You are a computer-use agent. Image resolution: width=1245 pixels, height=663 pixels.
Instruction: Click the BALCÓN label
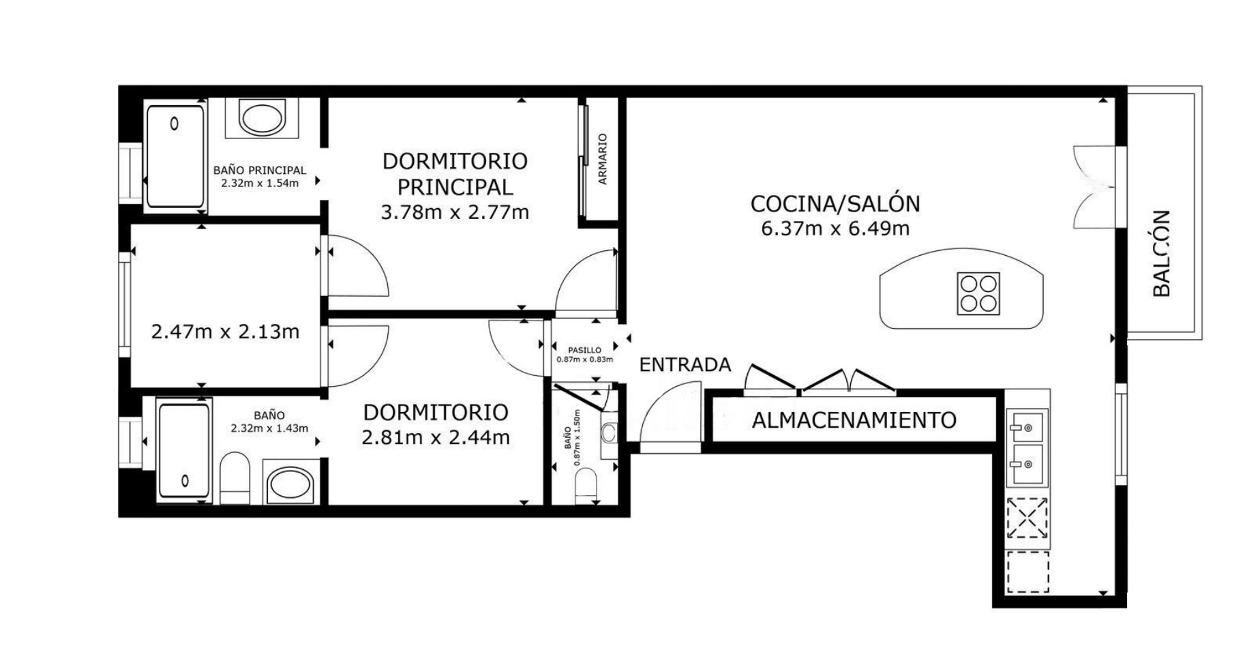click(1161, 253)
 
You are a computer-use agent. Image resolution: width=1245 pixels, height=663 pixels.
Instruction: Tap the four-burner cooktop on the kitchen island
click(978, 293)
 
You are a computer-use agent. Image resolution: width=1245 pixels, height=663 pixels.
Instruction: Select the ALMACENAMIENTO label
click(854, 420)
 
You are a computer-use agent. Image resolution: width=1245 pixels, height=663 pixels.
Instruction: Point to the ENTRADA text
click(685, 365)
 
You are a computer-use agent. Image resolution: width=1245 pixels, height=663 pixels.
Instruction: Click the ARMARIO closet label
click(603, 159)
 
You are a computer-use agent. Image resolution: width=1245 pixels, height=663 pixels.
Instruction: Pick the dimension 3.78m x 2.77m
click(455, 212)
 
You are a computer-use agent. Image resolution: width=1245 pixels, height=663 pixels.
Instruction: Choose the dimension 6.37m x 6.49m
click(835, 229)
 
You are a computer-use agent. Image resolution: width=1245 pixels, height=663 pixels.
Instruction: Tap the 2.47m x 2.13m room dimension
click(225, 332)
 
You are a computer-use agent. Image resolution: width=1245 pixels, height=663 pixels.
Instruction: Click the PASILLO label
click(584, 350)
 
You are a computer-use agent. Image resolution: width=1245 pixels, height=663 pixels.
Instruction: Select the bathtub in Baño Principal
click(176, 156)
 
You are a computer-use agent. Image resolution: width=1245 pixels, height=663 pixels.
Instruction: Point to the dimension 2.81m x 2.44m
click(436, 437)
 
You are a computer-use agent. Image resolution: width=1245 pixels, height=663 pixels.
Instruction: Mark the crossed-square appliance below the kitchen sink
click(1027, 517)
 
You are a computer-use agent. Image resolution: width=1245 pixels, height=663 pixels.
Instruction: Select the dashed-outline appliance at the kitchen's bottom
click(1027, 572)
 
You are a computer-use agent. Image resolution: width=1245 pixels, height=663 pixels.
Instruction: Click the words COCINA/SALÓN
click(835, 204)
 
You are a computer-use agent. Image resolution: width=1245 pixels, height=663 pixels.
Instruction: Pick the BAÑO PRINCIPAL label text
click(260, 171)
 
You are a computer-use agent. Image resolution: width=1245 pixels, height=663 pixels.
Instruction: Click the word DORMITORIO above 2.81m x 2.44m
click(436, 413)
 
